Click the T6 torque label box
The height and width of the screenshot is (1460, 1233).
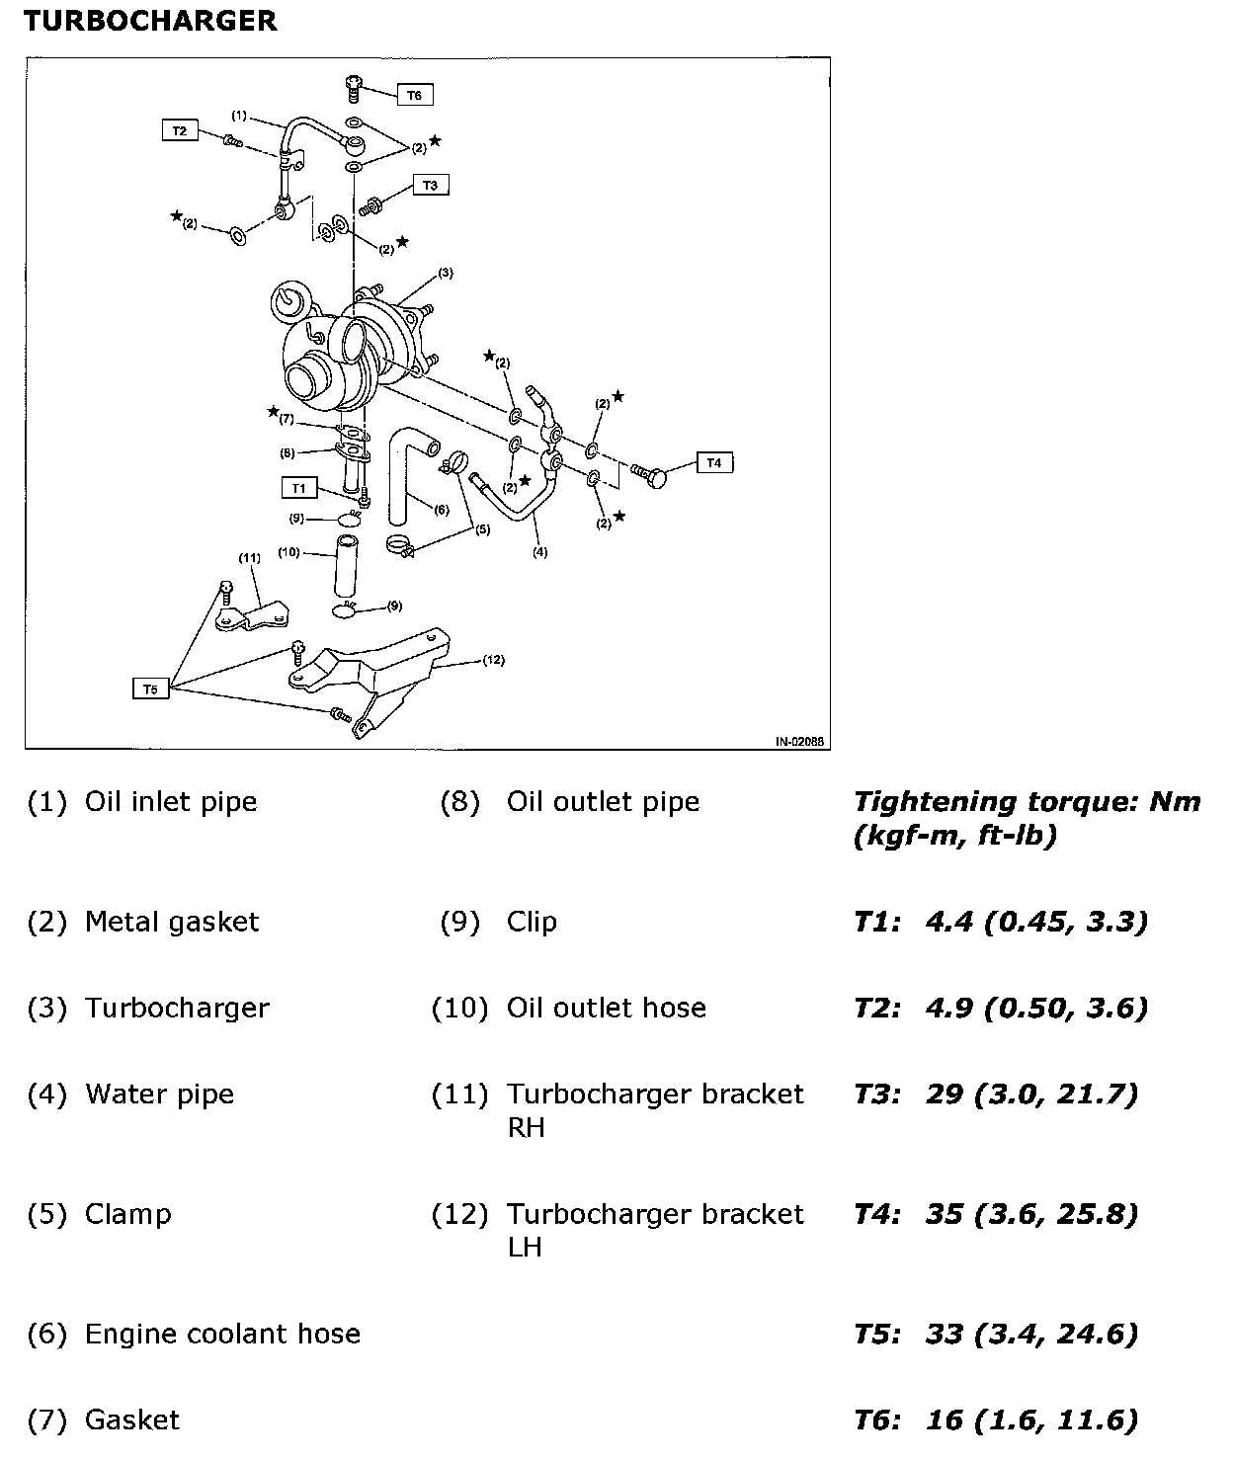(x=415, y=96)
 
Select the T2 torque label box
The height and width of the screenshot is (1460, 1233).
(x=180, y=130)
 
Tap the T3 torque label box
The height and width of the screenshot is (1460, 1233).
(x=430, y=185)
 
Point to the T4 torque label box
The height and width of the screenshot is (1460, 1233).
(x=715, y=462)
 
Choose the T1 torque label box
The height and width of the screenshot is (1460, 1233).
(x=299, y=488)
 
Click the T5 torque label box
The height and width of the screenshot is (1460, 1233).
(x=150, y=689)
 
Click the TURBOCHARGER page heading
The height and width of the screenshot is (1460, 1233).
(x=150, y=21)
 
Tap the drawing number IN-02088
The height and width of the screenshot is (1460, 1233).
(x=799, y=740)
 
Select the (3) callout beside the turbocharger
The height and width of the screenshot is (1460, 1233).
(x=445, y=272)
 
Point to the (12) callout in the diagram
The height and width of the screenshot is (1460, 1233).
(x=493, y=660)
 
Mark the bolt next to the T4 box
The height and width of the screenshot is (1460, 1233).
(x=650, y=475)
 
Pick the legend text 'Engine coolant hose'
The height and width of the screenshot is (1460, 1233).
(x=222, y=1335)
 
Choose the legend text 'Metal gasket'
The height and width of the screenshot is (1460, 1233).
(x=172, y=923)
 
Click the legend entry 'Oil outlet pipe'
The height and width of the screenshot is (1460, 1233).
(x=603, y=802)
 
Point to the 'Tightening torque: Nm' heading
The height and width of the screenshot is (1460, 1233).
(x=1027, y=802)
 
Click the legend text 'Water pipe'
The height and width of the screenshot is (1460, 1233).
(x=159, y=1095)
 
